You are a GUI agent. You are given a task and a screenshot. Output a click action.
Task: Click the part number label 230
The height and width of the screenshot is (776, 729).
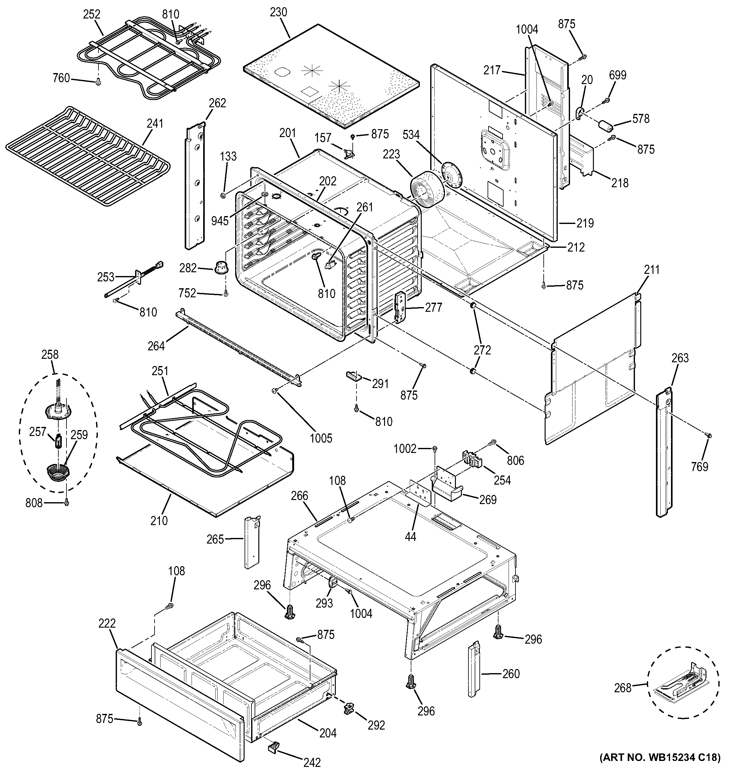coord(278,13)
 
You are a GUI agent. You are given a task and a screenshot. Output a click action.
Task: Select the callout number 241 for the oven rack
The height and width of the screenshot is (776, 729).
coord(155,123)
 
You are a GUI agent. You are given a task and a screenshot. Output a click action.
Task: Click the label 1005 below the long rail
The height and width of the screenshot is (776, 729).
coord(321,438)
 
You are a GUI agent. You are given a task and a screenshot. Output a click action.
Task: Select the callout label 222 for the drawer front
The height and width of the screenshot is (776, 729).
coord(107,623)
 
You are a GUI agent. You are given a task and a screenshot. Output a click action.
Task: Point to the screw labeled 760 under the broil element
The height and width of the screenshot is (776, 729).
coord(98,82)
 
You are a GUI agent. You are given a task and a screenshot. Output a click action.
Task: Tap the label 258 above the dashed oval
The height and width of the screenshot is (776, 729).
coord(50,354)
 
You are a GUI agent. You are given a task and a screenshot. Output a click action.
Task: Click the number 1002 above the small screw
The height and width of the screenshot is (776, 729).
coord(405,449)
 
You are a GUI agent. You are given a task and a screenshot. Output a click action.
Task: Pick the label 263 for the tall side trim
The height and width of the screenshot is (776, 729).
coord(680,358)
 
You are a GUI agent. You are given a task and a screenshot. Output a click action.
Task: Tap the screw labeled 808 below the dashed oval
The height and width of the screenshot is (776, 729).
coord(67,503)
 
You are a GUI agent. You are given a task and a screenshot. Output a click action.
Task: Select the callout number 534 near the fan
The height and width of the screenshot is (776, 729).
coord(411,135)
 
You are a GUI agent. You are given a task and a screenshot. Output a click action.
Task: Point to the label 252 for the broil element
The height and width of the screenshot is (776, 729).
coord(92,14)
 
